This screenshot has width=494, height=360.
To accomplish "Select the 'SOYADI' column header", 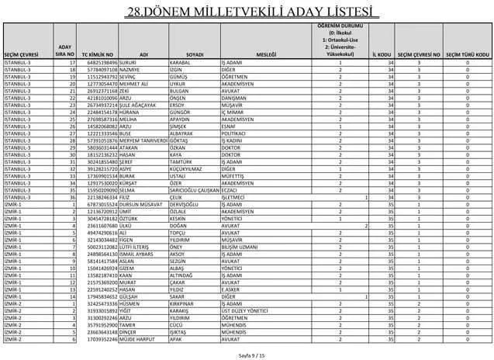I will (x=195, y=55).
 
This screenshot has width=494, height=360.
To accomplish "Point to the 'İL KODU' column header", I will (x=381, y=55).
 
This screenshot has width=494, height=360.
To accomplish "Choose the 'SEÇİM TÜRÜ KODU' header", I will (x=467, y=55).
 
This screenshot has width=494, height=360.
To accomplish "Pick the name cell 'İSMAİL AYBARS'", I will (x=139, y=254).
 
